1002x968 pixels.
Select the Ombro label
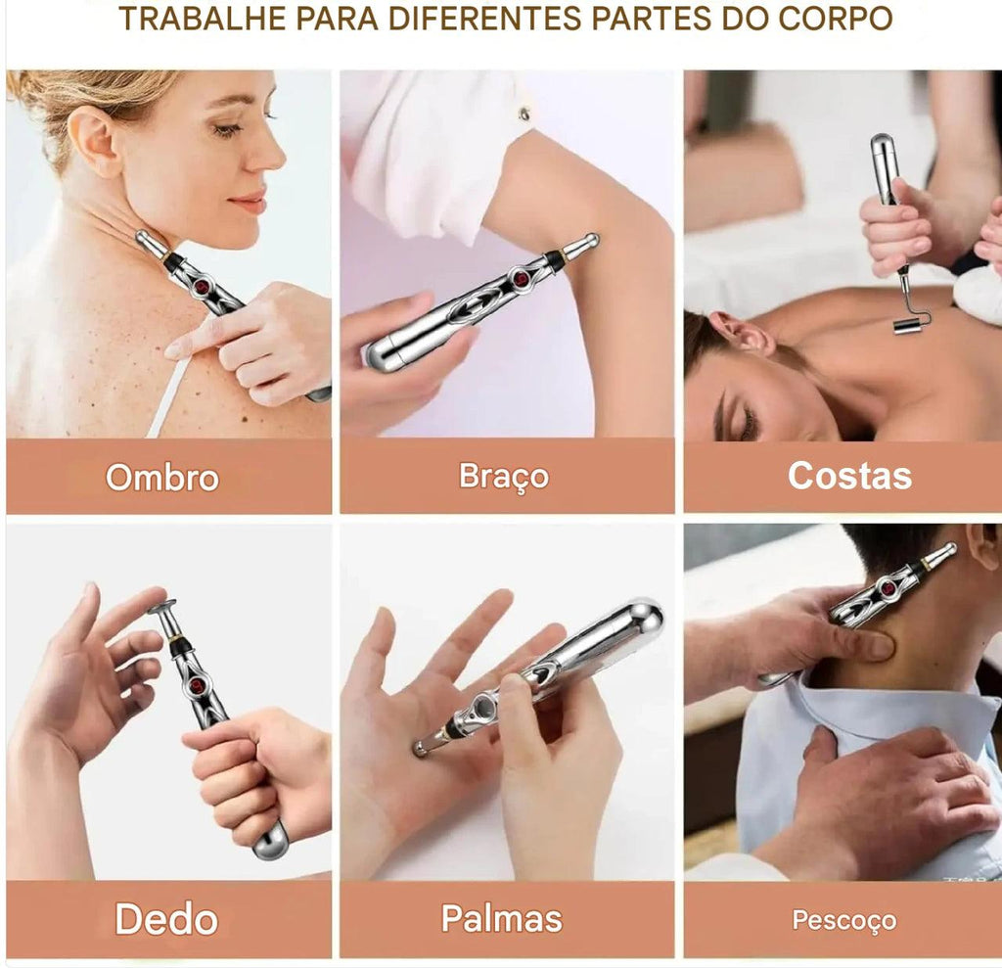tap(162, 478)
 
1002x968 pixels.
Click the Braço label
tap(504, 477)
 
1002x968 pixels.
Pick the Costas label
tap(849, 476)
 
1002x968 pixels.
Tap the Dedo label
tap(166, 919)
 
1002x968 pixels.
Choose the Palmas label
tap(502, 918)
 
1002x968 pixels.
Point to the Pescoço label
tap(843, 920)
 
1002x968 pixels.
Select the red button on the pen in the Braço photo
tap(520, 278)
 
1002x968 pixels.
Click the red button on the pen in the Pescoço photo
tap(887, 587)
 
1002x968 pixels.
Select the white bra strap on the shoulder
tap(165, 396)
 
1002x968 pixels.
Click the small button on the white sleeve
tap(524, 114)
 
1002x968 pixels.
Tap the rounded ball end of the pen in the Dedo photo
tap(272, 841)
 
